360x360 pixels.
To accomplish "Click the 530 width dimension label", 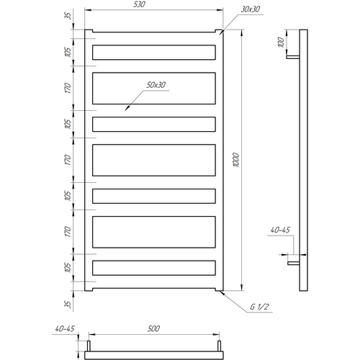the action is (139, 4).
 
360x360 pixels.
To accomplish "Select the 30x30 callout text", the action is (251, 9).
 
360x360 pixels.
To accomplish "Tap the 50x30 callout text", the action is (156, 85).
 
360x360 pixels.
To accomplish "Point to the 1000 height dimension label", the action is (236, 160).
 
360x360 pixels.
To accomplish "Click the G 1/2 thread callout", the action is (259, 307).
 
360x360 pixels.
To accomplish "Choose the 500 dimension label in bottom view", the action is (153, 328).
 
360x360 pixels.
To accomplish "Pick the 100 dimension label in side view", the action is (281, 42).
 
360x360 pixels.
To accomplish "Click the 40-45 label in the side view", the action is (280, 230).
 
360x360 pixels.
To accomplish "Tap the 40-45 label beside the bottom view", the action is (65, 328).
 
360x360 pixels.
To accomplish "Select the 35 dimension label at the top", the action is (68, 16).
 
